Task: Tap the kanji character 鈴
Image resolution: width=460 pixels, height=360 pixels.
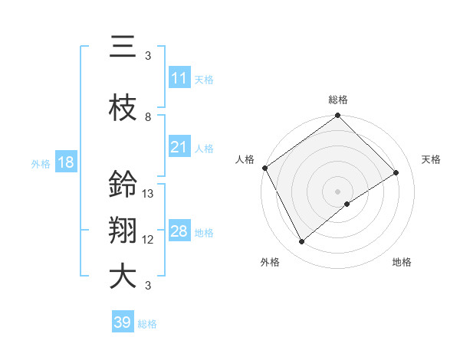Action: click(x=123, y=185)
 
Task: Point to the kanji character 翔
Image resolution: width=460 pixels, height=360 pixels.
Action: click(x=123, y=231)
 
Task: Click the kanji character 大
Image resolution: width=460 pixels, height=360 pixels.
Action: click(x=123, y=277)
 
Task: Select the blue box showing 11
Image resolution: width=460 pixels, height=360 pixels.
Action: click(x=179, y=77)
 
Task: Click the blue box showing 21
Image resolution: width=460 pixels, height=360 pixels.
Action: click(x=179, y=147)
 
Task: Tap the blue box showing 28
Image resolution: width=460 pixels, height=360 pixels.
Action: click(x=179, y=231)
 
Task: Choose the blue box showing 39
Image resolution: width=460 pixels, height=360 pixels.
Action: click(x=123, y=322)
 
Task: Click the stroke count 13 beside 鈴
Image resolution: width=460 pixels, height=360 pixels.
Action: click(x=148, y=194)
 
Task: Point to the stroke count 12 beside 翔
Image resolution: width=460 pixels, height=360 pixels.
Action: click(x=148, y=240)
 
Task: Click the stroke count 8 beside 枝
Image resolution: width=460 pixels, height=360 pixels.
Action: click(x=148, y=117)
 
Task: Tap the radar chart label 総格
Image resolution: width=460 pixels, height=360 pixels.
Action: click(x=338, y=100)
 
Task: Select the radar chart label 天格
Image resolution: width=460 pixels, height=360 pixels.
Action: click(x=431, y=159)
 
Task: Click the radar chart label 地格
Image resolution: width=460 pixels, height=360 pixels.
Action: click(x=402, y=262)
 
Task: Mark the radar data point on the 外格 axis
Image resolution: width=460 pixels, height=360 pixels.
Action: click(x=301, y=242)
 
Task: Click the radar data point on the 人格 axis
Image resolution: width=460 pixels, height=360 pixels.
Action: click(x=264, y=168)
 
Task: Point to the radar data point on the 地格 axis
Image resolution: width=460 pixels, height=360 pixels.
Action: click(x=347, y=204)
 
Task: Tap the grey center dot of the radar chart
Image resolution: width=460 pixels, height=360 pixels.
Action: click(x=338, y=191)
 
